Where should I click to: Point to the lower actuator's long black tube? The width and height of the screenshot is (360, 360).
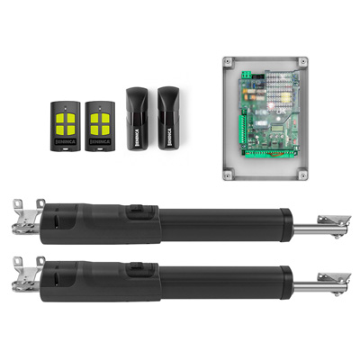(x=225, y=281)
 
